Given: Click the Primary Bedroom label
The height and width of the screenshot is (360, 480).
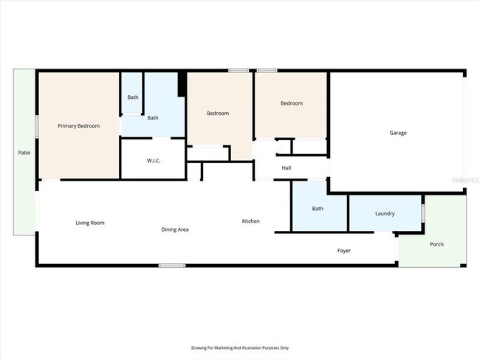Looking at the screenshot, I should click(x=78, y=126).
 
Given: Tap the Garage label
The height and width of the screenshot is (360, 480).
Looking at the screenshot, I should click(x=398, y=133).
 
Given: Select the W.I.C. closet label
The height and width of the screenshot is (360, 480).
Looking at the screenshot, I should click(x=154, y=160).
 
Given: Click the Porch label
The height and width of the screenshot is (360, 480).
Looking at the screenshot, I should click(x=437, y=244).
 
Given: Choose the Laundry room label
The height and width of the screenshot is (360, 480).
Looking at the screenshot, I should click(x=385, y=214).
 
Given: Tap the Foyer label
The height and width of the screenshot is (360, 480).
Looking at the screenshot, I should click(x=344, y=251).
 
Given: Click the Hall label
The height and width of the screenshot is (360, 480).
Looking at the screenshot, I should click(x=287, y=168).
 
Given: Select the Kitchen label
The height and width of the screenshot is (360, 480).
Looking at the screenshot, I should click(x=251, y=221).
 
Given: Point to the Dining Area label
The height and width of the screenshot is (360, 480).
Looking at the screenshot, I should click(x=175, y=229).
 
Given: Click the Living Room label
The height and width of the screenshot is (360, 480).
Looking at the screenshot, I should click(x=90, y=223).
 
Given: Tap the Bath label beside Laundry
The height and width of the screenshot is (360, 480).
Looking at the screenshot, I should click(x=318, y=209).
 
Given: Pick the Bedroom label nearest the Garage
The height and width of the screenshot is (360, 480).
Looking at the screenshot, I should click(x=292, y=103).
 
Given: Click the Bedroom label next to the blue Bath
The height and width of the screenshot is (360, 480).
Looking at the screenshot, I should click(x=218, y=113).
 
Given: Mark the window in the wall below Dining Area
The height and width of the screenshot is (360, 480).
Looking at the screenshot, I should click(x=172, y=266).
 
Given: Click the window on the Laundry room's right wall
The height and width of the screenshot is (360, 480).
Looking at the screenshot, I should click(x=423, y=213).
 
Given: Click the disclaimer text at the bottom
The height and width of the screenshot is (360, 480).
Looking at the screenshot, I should click(x=240, y=347).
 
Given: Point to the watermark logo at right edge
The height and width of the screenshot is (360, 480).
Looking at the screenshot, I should click(x=465, y=179).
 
